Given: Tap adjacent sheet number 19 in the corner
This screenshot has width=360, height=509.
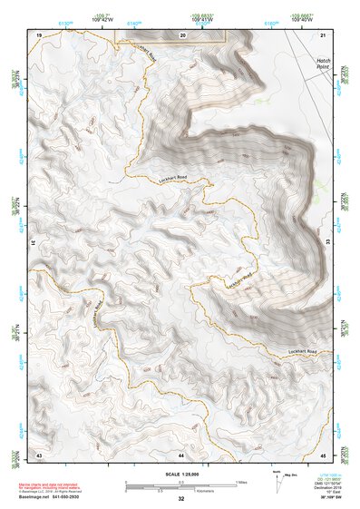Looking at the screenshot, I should click(x=39, y=34).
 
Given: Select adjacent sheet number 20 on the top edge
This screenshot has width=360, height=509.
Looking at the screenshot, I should click(x=182, y=34).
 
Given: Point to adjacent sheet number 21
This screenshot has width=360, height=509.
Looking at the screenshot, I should click(x=324, y=34).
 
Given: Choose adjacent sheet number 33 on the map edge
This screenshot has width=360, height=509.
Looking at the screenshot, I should click(x=328, y=243).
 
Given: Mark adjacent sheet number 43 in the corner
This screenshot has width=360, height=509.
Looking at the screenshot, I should click(x=39, y=453).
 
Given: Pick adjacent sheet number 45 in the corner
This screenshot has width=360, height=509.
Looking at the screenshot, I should click(x=324, y=453).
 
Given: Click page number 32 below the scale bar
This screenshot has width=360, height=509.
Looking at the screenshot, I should click(x=181, y=499).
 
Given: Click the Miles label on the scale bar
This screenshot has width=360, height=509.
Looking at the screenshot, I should click(x=239, y=482).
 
